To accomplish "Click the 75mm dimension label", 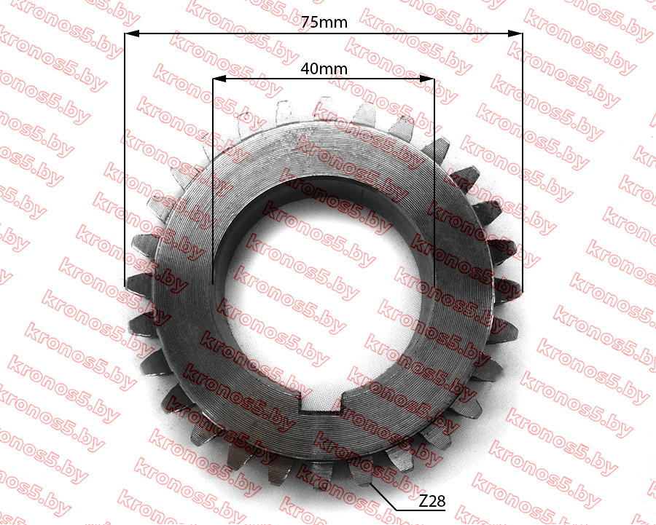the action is pyautogui.click(x=324, y=22).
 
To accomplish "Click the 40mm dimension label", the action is pyautogui.click(x=324, y=68).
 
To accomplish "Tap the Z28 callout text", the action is pyautogui.click(x=432, y=500).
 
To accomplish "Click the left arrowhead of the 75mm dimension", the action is pyautogui.click(x=132, y=33).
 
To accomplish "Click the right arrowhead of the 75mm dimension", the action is pyautogui.click(x=515, y=33).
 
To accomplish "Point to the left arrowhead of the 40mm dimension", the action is pyautogui.click(x=219, y=79).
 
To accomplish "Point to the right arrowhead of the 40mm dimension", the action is pyautogui.click(x=427, y=79).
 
